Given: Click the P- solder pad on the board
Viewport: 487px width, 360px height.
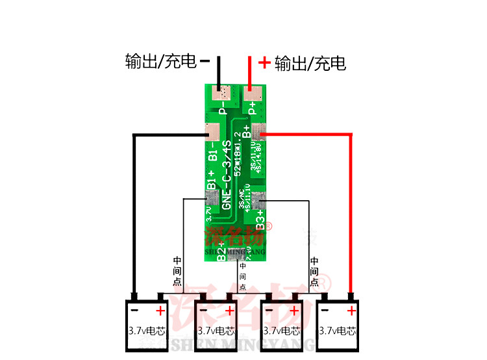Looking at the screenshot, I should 222,93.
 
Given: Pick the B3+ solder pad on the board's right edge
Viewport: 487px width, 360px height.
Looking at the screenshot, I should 259,201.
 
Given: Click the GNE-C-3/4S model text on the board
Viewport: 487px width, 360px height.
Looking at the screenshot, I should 227,174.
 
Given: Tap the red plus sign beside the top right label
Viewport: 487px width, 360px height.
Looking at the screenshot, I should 264,62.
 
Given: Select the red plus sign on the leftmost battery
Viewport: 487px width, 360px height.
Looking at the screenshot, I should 160,310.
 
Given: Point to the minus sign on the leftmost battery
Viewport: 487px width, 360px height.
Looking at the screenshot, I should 136,310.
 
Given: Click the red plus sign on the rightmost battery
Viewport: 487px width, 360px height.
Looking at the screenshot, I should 351,310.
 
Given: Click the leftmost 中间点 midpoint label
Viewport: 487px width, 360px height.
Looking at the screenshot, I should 177,272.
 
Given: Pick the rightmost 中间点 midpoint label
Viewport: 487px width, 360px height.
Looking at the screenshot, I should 314,272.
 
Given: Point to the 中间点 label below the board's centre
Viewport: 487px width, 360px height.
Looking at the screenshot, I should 243,276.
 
